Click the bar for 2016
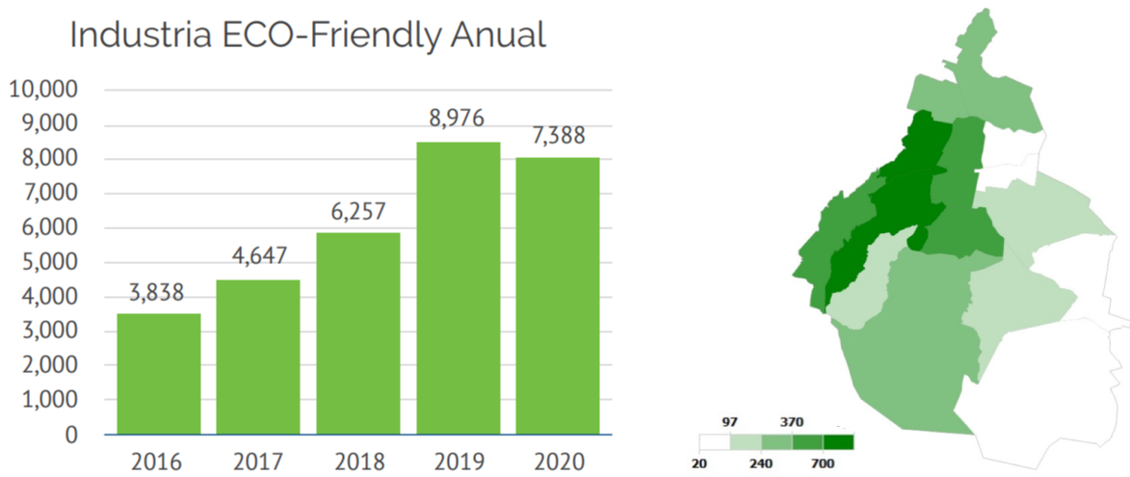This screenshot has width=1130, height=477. (159, 374)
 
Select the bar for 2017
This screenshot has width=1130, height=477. (258, 357)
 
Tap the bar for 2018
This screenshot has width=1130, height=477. (357, 333)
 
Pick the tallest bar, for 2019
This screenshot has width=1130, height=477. (458, 288)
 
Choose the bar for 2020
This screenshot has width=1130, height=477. (558, 296)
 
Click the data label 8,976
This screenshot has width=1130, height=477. (458, 119)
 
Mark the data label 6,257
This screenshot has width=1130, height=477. (357, 211)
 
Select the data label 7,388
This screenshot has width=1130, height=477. (558, 135)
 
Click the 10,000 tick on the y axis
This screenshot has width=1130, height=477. (43, 90)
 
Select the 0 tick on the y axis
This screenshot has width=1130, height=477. (70, 435)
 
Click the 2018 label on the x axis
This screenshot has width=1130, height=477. (357, 462)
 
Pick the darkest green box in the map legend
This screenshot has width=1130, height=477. (838, 442)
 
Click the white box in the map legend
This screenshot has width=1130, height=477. (715, 442)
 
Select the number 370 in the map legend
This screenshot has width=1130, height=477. (792, 422)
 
